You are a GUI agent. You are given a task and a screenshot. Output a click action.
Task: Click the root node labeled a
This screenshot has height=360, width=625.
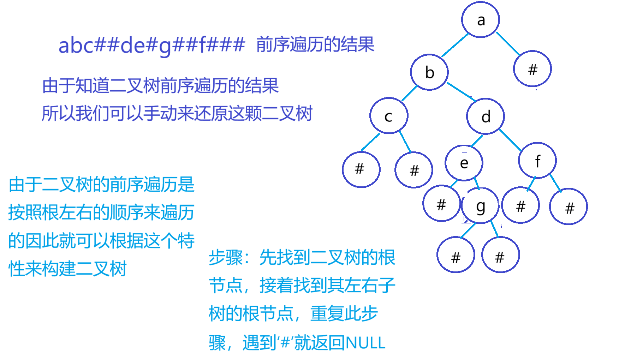tap(480, 20)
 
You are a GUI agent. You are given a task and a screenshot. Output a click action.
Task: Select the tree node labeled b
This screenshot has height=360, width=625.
tap(429, 72)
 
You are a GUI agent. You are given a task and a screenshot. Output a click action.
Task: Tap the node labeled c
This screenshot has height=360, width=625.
tap(389, 116)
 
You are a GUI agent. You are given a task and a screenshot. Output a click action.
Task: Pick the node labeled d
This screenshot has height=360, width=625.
tap(486, 116)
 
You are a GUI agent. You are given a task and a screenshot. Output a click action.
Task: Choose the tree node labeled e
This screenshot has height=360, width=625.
tap(464, 163)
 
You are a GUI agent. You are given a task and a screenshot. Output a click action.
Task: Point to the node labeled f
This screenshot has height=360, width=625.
tap(537, 161)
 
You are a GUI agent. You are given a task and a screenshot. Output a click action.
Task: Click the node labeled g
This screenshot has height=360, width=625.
tap(480, 206)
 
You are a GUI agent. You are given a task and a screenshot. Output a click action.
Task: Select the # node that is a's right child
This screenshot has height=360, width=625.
tap(532, 69)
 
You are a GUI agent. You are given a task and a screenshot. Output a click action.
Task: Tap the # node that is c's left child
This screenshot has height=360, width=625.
tap(361, 169)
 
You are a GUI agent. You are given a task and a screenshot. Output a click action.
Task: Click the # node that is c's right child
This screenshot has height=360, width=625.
tap(414, 170)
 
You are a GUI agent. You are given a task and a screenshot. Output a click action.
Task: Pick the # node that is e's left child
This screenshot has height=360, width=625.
tap(441, 204)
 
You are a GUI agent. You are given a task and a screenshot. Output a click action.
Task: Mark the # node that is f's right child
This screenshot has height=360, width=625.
tap(569, 207)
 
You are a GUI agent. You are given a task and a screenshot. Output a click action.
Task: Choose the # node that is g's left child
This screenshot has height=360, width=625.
tap(456, 255)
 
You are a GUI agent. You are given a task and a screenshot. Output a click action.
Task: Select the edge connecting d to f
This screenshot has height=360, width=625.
tap(510, 140)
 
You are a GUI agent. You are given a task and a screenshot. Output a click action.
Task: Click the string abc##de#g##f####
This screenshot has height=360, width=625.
tap(151, 46)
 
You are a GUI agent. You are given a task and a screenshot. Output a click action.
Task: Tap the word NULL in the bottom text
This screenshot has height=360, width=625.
tap(365, 343)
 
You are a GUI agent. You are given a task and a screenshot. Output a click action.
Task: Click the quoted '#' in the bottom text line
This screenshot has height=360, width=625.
tap(285, 343)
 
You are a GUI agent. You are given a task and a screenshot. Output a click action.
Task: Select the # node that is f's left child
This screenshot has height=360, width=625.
tap(520, 205)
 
